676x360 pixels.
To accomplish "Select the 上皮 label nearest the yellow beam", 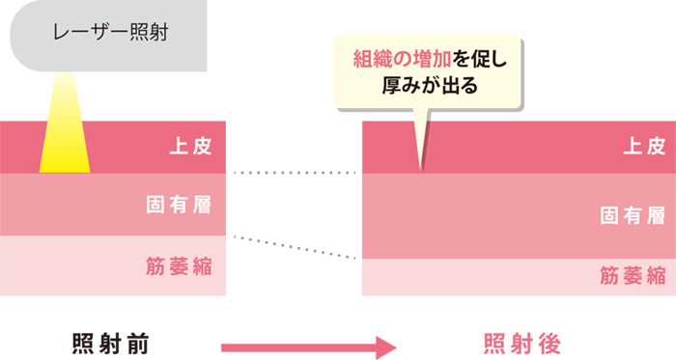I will point(189,147).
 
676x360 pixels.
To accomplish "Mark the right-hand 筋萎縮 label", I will point(632,274).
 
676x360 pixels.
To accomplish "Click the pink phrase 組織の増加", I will point(398,59).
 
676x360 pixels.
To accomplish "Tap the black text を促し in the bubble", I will point(473,59).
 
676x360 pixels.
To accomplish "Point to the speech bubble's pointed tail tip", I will point(421,170).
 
